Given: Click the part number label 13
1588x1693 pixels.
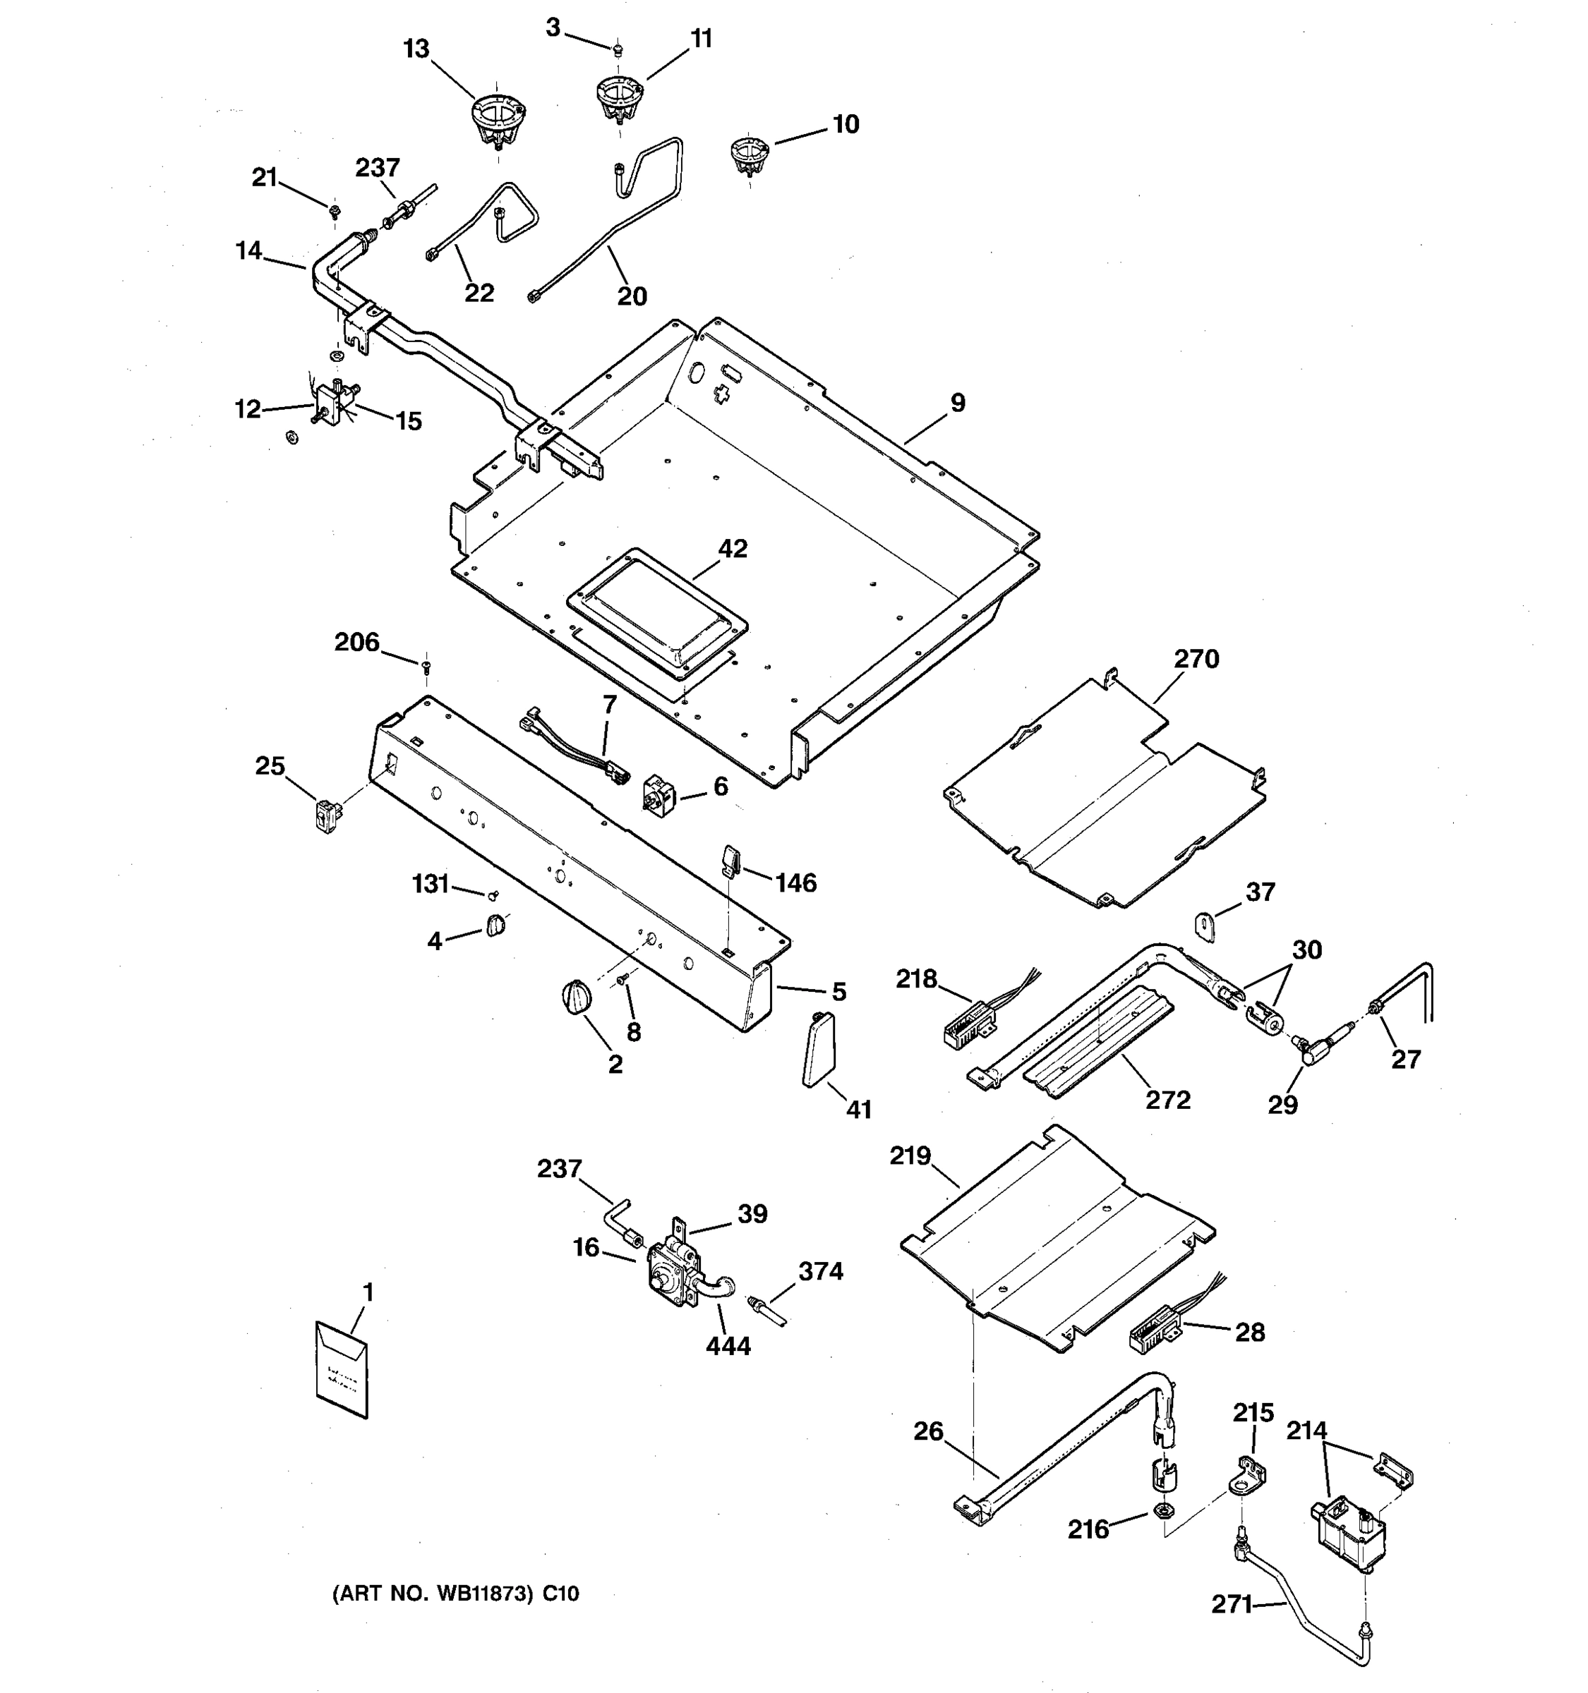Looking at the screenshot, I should [x=416, y=49].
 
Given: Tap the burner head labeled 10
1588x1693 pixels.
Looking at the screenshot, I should [x=748, y=157].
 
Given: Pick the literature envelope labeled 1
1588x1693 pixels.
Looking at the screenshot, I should [x=342, y=1369].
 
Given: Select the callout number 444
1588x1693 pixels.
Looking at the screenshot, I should [x=728, y=1345].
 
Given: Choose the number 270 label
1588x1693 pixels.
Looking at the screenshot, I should [x=1196, y=659].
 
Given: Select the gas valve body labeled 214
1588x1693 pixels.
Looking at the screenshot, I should [x=1346, y=1538].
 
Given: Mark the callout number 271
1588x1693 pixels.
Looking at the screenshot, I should [x=1231, y=1604].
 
